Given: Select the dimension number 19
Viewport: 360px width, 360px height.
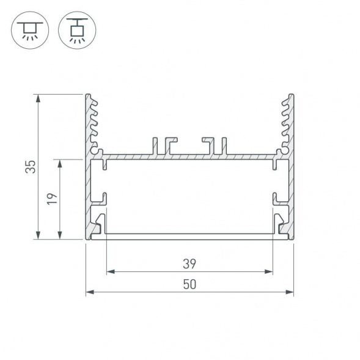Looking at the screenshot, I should click(53, 199).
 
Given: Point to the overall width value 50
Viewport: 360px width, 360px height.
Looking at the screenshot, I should click(189, 284).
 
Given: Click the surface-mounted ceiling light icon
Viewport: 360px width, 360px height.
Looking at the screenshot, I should click(29, 29).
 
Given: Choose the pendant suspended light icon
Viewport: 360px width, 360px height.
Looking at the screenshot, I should click(76, 29).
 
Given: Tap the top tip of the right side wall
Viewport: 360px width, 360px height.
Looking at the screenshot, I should click(291, 96).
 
